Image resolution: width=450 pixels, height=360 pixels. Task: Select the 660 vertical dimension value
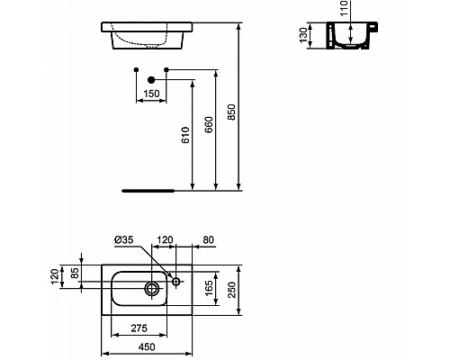(x=210, y=123)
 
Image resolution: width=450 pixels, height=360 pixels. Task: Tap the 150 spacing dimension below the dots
(x=150, y=94)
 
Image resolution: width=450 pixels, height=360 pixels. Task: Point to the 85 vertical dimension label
(x=75, y=274)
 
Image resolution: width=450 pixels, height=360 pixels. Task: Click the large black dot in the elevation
(x=150, y=78)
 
